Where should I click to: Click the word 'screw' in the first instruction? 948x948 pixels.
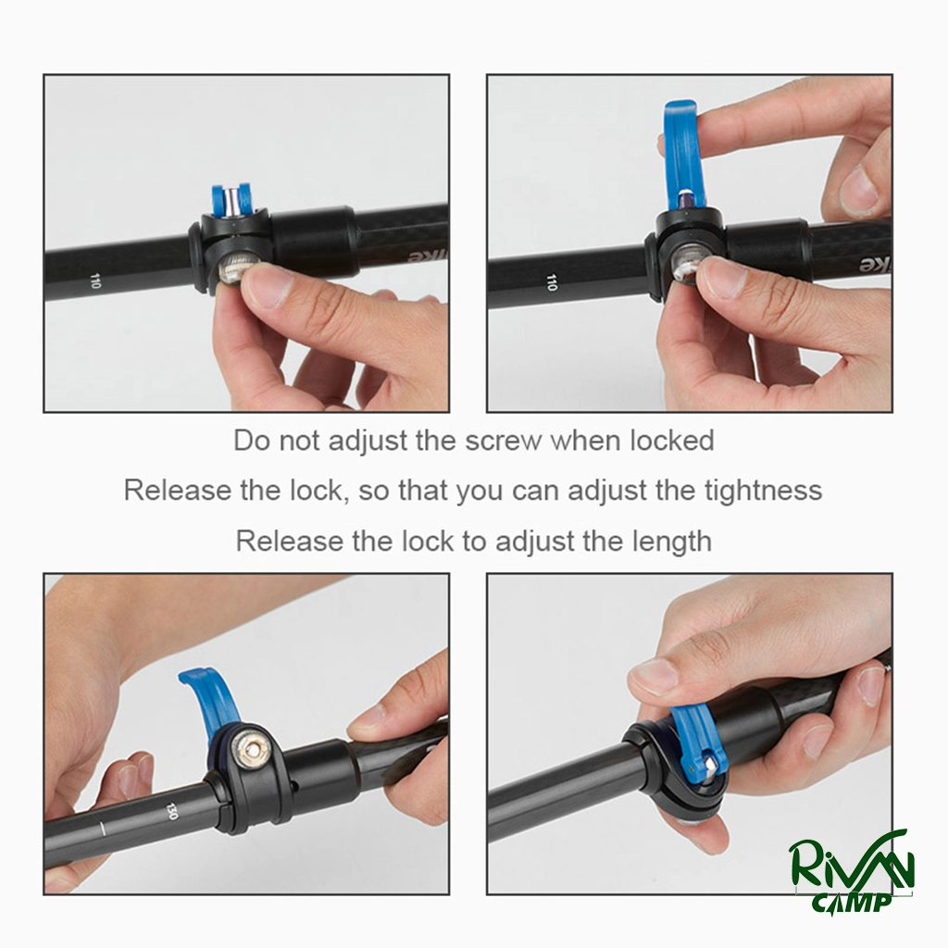click(503, 442)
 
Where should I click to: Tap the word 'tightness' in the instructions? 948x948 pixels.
click(763, 491)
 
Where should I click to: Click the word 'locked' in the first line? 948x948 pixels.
click(672, 441)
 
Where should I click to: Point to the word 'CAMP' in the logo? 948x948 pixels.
click(853, 902)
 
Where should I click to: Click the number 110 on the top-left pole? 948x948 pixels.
click(94, 281)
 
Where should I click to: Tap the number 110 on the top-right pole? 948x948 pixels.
click(551, 282)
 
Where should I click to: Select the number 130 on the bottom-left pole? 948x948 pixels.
click(171, 811)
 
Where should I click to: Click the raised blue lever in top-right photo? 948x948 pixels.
click(681, 156)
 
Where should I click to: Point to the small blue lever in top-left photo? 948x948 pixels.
click(231, 200)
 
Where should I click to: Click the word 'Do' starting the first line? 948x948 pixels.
click(252, 441)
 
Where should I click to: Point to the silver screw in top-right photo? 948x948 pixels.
click(688, 264)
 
